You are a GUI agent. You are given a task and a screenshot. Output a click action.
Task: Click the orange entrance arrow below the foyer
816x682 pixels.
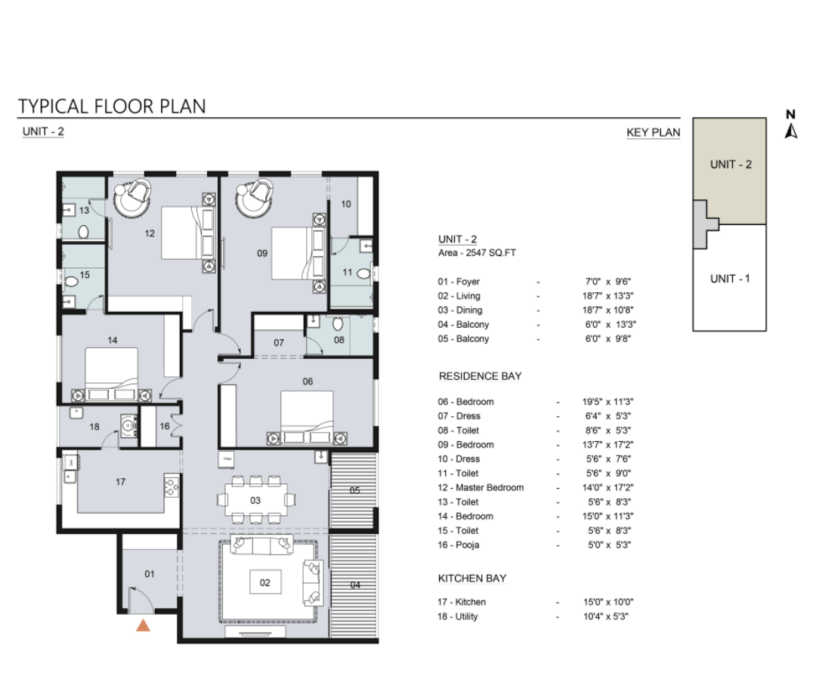(x=143, y=625)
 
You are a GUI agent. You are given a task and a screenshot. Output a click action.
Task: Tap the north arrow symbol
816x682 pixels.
(x=791, y=124)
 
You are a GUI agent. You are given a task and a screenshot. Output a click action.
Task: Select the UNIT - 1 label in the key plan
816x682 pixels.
(x=730, y=279)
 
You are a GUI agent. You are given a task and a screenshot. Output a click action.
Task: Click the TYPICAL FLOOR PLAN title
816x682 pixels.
(x=112, y=106)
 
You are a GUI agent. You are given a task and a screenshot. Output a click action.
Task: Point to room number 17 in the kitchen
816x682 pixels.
(x=120, y=482)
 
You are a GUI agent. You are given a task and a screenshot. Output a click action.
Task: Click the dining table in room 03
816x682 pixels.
(x=255, y=501)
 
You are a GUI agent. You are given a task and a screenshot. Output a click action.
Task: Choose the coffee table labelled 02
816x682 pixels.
(x=265, y=582)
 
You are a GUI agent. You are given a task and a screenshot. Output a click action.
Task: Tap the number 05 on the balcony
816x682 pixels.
(x=354, y=491)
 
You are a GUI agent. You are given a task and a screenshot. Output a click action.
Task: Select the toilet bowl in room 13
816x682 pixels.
(x=83, y=232)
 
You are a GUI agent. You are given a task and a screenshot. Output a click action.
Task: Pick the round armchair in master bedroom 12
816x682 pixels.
(x=134, y=196)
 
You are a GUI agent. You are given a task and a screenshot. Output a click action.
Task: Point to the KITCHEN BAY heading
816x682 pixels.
(x=472, y=579)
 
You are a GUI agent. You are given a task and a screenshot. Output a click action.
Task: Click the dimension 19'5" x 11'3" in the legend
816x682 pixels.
(x=607, y=402)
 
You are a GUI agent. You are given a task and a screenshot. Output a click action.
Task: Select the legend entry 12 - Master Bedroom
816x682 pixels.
(x=481, y=488)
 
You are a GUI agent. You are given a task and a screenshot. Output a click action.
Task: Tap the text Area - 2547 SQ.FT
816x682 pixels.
(x=477, y=253)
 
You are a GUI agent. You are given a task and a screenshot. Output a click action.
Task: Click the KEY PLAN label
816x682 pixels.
(x=653, y=133)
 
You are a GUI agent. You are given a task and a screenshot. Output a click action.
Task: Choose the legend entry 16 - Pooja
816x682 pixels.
(x=458, y=545)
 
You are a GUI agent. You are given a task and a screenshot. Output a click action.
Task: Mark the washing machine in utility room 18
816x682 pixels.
(x=128, y=426)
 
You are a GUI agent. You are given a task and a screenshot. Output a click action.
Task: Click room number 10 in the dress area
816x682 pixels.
(x=346, y=204)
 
